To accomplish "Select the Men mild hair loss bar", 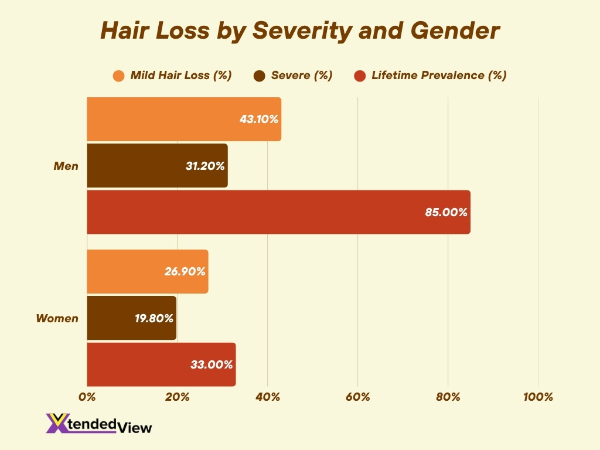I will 184,119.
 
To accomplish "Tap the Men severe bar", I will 157,166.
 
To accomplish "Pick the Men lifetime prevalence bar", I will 278,212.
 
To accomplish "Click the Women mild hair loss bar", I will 147,271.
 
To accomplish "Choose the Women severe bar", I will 131,318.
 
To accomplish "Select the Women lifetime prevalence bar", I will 161,364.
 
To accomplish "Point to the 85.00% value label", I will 446,212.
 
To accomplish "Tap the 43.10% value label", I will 258,119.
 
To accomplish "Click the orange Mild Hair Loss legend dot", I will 119,76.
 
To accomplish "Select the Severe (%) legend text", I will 302,76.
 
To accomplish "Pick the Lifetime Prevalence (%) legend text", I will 439,76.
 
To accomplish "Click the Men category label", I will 66,166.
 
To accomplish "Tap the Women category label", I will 57,318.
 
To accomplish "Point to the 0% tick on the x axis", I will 87,397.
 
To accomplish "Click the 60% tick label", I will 357,397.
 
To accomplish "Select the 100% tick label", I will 537,397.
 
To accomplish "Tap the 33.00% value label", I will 212,364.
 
